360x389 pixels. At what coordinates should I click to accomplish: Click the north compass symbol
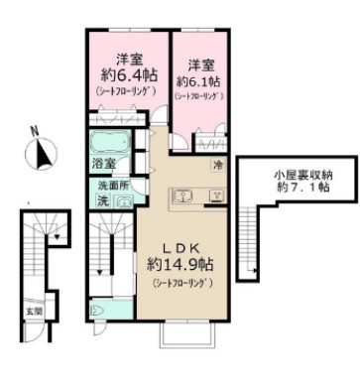43,154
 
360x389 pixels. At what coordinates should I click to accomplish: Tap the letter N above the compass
36,130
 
